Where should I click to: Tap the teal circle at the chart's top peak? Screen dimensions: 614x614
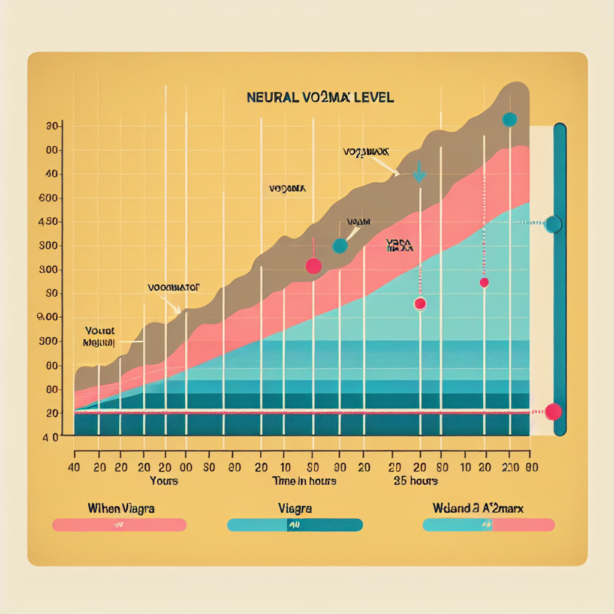(509, 119)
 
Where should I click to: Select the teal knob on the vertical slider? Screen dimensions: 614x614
(553, 224)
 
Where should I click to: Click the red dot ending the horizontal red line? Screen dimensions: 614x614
(553, 411)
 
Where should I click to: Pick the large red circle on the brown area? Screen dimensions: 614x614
(314, 266)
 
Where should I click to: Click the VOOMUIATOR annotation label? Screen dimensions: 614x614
(173, 287)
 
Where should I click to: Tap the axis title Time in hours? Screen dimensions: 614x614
(304, 481)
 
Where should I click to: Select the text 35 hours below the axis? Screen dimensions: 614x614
(416, 481)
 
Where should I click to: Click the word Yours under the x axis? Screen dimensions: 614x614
(164, 481)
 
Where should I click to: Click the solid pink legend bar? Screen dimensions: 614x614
(119, 525)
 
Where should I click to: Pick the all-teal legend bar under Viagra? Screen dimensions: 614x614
(295, 525)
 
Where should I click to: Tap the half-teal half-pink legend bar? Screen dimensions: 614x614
(489, 525)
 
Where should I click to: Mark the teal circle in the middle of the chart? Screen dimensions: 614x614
(340, 245)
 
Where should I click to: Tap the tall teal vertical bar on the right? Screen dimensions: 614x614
(560, 279)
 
